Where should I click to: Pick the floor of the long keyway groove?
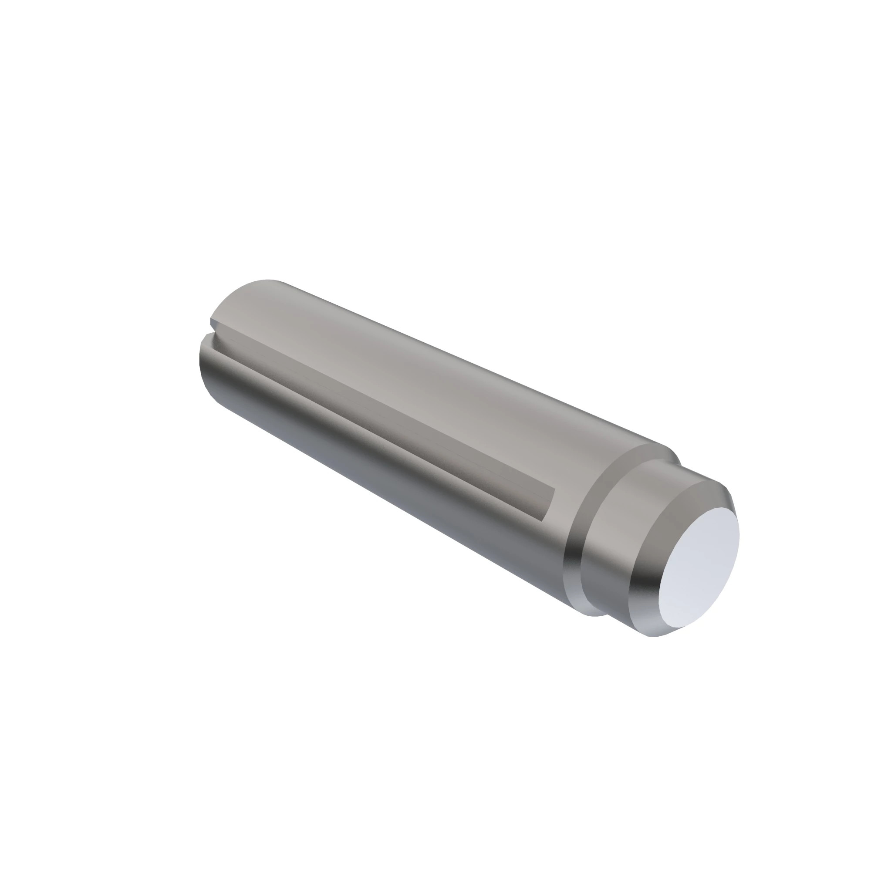[x=361, y=397]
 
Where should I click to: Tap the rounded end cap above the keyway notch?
[x=253, y=293]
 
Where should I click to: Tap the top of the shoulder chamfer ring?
[x=649, y=451]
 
